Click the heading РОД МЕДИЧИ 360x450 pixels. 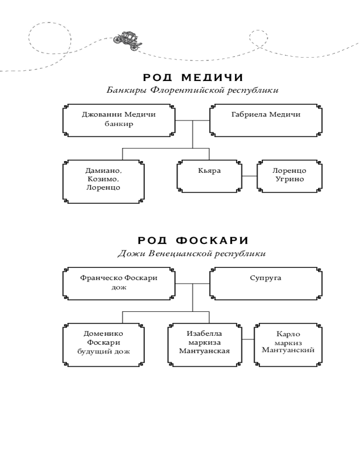pos(192,78)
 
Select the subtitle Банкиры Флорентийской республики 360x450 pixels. pos(192,90)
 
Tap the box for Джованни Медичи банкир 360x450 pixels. pos(119,120)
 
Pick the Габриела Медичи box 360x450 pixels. pos(265,120)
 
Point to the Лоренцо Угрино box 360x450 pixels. pos(288,175)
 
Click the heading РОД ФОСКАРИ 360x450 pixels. pos(192,241)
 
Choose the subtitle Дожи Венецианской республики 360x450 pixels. pos(192,253)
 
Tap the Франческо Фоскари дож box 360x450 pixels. pos(119,283)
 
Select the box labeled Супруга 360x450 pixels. pos(265,283)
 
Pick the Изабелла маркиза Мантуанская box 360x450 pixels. pos(204,343)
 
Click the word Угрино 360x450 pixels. pos(288,180)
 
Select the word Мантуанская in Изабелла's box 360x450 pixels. pos(204,351)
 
